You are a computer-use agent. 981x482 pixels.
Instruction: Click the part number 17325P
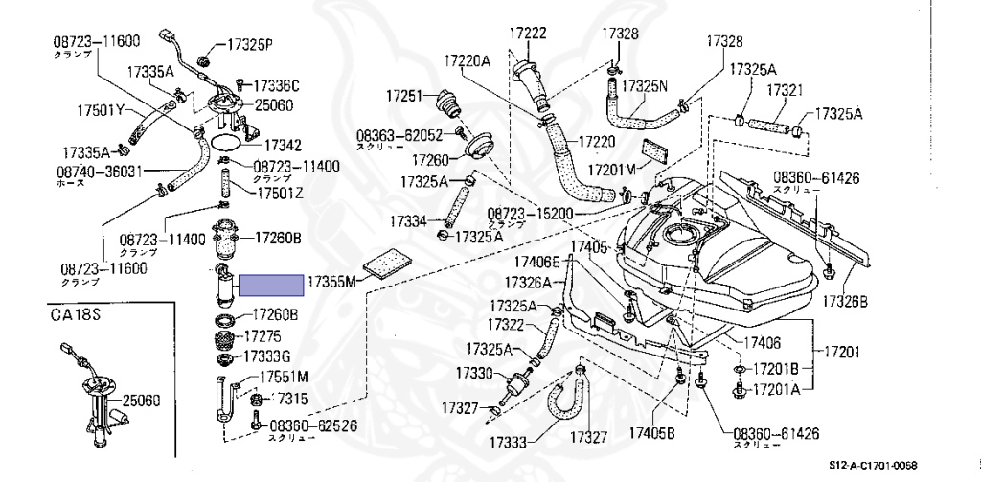point(250,44)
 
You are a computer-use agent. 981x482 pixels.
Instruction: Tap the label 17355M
point(331,282)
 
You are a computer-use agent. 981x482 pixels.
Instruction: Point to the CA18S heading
point(78,314)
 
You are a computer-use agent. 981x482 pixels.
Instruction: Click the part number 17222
point(528,34)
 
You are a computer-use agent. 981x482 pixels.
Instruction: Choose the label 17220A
point(466,62)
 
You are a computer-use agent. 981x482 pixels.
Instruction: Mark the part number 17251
point(404,96)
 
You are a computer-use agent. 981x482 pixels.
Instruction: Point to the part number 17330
point(473,372)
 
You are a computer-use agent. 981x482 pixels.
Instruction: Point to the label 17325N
point(645,85)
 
